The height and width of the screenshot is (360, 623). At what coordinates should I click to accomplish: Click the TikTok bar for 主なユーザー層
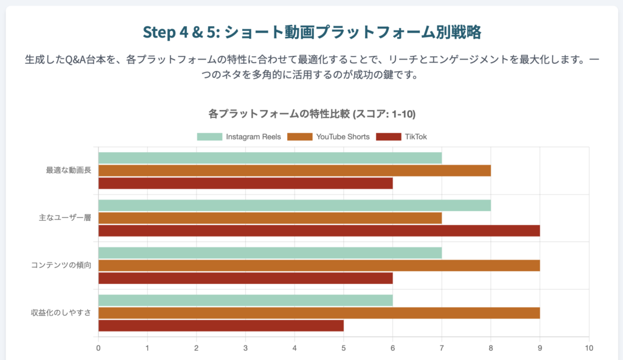[x=319, y=230]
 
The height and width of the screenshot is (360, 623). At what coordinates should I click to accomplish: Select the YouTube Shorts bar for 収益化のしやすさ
[x=319, y=313]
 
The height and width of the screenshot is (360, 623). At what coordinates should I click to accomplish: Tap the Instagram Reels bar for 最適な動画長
[x=270, y=158]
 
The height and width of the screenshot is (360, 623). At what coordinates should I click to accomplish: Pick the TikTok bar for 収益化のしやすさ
[x=221, y=325]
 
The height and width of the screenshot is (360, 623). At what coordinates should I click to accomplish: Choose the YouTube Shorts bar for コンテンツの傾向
[x=319, y=266]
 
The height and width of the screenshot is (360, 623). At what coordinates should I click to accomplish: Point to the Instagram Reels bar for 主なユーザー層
[x=294, y=206]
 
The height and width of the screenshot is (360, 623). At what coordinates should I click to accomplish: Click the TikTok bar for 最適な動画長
[x=245, y=182]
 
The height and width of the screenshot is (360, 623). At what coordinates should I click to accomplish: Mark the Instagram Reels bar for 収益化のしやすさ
[x=245, y=300]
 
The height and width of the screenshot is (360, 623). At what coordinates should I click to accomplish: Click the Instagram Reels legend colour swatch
[x=209, y=137]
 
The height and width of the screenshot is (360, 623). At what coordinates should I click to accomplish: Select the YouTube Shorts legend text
[x=343, y=137]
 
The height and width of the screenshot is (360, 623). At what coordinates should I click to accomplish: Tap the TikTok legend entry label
[x=416, y=137]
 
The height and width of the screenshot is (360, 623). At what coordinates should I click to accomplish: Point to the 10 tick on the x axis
[x=588, y=348]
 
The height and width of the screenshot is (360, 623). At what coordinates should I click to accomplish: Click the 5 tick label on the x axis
[x=344, y=348]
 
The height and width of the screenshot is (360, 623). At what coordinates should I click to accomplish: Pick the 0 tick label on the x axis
[x=99, y=348]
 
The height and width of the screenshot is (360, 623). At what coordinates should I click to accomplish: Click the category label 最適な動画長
[x=69, y=170]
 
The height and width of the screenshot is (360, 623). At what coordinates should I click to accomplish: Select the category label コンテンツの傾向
[x=61, y=265]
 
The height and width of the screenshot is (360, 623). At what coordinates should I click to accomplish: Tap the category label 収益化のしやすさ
[x=61, y=313]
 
